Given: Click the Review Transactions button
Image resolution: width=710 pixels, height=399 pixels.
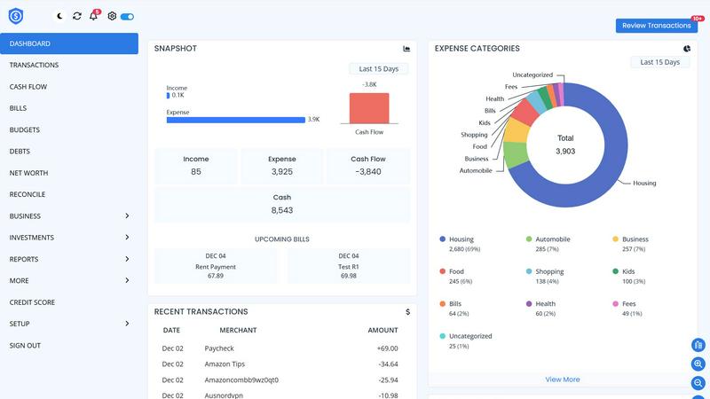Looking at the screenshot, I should [656, 26].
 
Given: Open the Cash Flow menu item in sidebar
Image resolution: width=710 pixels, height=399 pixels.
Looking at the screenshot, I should [28, 87].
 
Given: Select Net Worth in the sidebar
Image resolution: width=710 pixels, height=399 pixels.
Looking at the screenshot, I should [28, 173].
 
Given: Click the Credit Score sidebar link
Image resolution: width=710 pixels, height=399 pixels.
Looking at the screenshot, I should [32, 302].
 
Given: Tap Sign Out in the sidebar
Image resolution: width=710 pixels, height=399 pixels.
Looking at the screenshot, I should [25, 346].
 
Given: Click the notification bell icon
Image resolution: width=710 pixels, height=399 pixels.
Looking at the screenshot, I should [94, 16].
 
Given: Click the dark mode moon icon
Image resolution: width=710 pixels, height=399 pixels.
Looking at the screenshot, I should [59, 16].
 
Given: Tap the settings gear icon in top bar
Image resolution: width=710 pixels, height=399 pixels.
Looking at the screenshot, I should [112, 16].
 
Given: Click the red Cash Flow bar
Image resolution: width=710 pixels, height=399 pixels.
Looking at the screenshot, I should [368, 108].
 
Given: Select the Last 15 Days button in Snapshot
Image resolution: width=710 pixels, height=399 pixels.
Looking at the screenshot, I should [378, 68].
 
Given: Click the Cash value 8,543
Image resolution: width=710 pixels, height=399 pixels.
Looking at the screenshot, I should [281, 210].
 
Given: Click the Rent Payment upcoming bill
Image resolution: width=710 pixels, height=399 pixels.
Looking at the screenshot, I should [216, 266].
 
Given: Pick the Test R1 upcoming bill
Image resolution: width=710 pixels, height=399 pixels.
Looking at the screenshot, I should [349, 266].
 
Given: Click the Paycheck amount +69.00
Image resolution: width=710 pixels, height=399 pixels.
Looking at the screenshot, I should [387, 348].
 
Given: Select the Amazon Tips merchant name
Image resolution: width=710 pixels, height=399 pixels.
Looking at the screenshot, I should [225, 364].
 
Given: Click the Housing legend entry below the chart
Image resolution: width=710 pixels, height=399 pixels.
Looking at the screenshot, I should [461, 239].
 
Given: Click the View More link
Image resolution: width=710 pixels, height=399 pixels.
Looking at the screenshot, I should [562, 379].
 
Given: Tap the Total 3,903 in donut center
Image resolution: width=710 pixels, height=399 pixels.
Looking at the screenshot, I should [565, 145].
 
